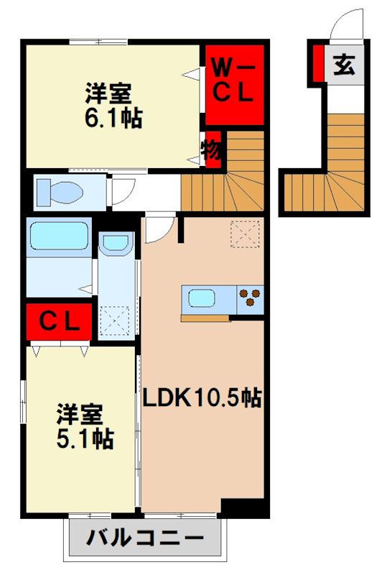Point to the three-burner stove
pos(251,298)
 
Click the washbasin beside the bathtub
pos(116,244)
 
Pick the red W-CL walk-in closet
pos(230,84)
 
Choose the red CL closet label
pos(60,322)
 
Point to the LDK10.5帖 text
pos(200,397)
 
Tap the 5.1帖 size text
pos(85,437)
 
